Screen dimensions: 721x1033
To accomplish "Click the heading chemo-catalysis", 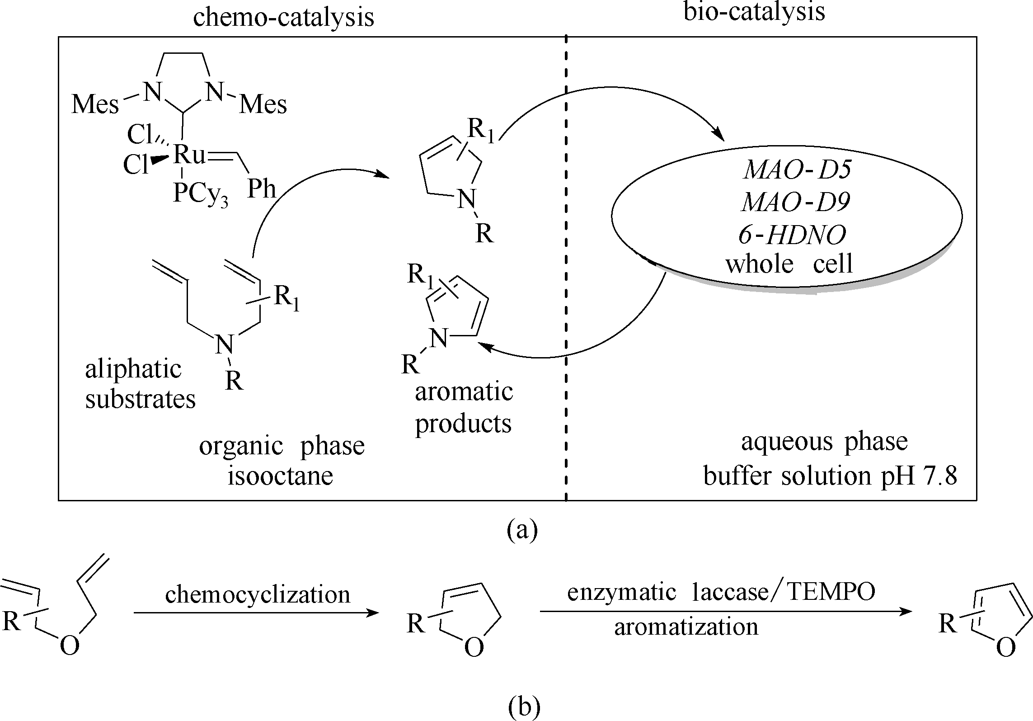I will [284, 18].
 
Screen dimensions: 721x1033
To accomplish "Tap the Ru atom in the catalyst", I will [188, 155].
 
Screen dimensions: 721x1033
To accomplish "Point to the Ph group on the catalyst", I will [262, 188].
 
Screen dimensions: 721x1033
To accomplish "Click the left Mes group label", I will [95, 105].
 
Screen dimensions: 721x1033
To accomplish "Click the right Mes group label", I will [263, 105].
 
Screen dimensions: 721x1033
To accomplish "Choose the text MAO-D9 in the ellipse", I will [796, 203].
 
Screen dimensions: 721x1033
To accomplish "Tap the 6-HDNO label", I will [792, 235].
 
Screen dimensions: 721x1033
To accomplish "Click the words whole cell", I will [789, 264].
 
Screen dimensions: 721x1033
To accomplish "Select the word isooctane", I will [281, 476].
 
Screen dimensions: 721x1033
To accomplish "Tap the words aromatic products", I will [464, 408].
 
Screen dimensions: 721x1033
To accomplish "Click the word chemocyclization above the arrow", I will [258, 594].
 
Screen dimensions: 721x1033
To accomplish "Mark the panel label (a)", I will [522, 529].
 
